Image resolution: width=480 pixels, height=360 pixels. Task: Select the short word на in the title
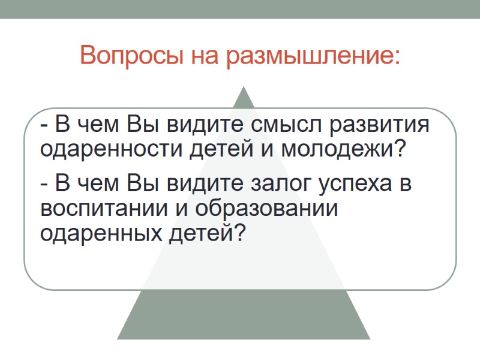click(x=205, y=56)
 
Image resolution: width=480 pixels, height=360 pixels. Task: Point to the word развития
click(x=382, y=126)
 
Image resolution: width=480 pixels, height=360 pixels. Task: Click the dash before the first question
click(x=44, y=127)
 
